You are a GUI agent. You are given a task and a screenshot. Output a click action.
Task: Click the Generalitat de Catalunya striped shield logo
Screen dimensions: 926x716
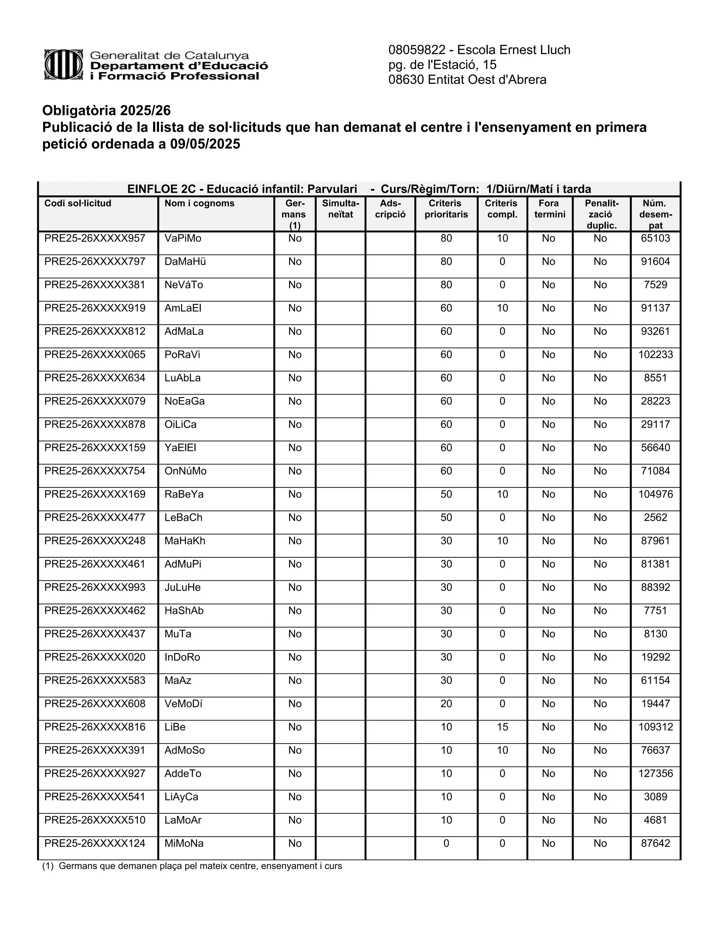tap(64, 65)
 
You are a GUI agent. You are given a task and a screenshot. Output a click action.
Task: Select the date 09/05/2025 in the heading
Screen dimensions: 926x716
tap(205, 144)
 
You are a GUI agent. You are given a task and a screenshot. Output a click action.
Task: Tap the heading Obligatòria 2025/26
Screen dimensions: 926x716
tap(107, 111)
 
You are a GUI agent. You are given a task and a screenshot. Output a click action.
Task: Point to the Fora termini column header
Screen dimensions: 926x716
tap(550, 209)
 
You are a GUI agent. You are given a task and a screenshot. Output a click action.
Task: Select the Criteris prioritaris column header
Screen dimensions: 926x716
tap(446, 209)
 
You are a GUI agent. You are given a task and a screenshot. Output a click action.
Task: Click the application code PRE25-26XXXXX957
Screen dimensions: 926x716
tap(95, 238)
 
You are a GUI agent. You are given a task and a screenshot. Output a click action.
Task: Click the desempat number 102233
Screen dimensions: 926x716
tap(656, 354)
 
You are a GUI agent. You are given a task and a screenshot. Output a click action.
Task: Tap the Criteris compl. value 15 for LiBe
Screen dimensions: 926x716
tap(502, 727)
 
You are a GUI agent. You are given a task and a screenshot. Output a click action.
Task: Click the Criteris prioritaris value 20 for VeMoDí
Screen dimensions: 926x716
tap(446, 703)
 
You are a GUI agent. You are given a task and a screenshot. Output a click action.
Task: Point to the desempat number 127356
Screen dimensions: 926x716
tap(656, 773)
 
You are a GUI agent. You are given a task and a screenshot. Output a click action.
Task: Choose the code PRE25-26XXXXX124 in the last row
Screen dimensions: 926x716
tap(95, 843)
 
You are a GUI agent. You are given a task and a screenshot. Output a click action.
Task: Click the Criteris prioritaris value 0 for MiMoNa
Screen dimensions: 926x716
tap(446, 843)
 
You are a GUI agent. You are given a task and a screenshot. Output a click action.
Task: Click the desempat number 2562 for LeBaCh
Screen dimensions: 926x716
tap(656, 518)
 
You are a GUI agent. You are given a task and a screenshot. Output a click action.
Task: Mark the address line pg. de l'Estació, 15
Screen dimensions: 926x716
tap(442, 65)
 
